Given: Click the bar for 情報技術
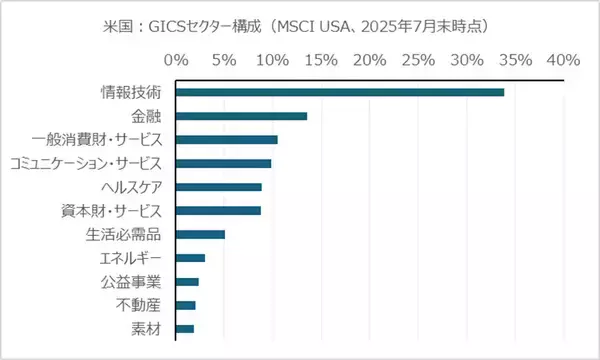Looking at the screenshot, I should click(x=340, y=92).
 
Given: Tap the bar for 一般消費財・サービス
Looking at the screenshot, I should click(x=227, y=139).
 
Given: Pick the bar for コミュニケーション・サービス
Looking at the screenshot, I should click(x=223, y=163).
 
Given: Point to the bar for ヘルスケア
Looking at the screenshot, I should click(x=219, y=187).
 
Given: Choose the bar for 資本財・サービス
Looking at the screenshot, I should click(x=218, y=210).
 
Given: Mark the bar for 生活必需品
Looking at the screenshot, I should click(x=200, y=234).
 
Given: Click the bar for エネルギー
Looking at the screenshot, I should click(x=190, y=258).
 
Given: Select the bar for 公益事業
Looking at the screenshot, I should click(x=187, y=282).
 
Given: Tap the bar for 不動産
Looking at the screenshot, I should click(x=185, y=305).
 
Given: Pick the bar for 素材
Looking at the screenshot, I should click(x=184, y=329).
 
